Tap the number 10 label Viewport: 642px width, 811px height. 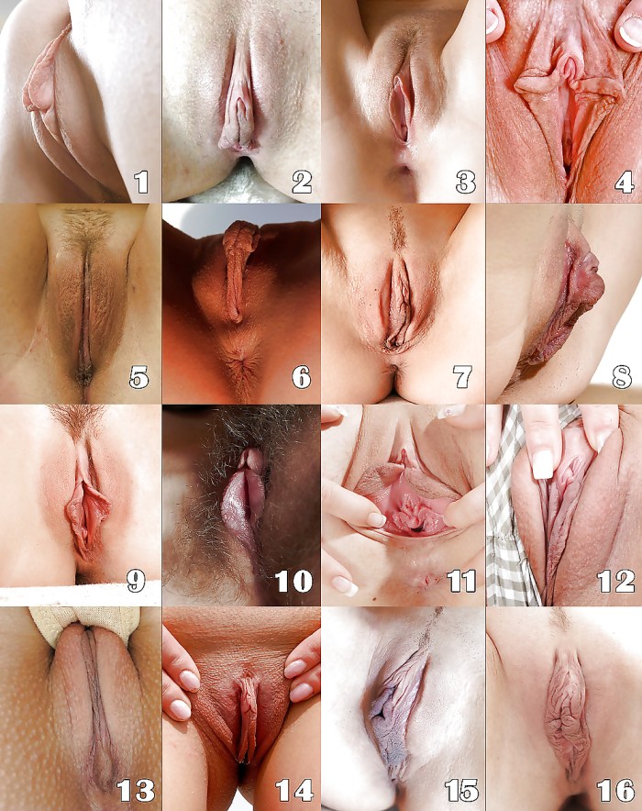click(294, 581)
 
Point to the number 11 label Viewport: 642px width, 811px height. click(456, 581)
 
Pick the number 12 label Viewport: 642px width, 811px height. click(615, 581)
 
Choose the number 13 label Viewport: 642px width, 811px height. click(135, 790)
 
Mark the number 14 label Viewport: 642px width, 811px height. click(294, 790)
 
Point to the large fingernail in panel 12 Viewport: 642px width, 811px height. click(542, 463)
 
